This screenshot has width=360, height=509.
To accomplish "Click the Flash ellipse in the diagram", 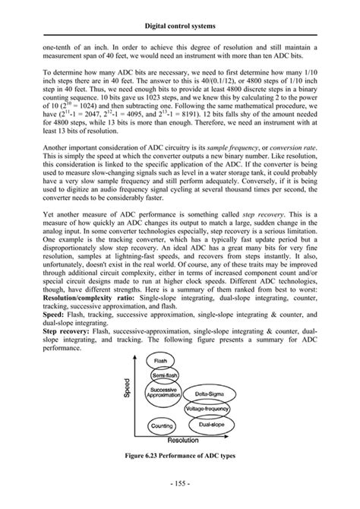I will coord(160,360).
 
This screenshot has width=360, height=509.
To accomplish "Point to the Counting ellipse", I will coord(162,427).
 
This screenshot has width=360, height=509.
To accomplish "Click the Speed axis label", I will coord(128,389).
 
